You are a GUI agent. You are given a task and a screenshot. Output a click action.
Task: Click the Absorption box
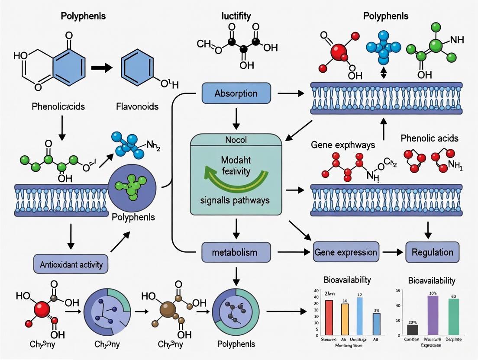coord(236,93)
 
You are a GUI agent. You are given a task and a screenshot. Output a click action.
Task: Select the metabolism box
coord(236,252)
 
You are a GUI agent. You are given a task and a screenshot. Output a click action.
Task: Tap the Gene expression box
coord(345,252)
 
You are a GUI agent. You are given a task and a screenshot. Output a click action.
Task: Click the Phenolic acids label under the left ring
coord(58,106)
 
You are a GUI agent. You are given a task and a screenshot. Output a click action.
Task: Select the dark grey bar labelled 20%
coord(413,330)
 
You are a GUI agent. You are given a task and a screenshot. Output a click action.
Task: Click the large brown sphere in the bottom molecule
coord(168,311)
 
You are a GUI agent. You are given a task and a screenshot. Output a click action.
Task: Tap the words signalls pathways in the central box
coord(236,201)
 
